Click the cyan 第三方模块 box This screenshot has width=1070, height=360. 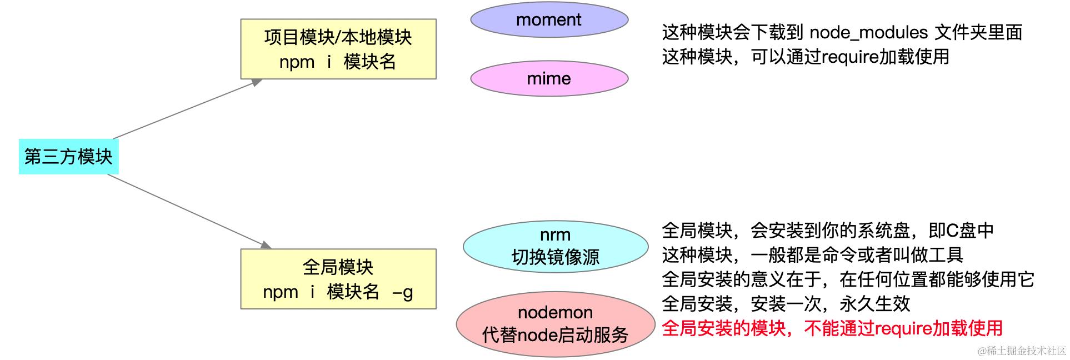[x=68, y=157]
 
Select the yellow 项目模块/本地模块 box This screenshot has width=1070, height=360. [x=338, y=49]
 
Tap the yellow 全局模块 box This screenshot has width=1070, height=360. [x=338, y=279]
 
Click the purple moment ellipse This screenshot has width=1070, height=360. [x=549, y=20]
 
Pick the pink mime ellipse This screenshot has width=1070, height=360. [x=549, y=79]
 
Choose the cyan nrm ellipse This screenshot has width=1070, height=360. [x=555, y=246]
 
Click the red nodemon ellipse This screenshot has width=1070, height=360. [x=555, y=324]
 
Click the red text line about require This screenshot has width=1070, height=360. [x=832, y=328]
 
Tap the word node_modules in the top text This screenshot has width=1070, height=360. [x=868, y=33]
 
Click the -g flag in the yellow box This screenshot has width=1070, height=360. [x=402, y=292]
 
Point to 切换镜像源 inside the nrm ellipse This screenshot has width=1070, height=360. [x=555, y=257]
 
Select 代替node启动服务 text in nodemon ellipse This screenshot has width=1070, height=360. [x=555, y=335]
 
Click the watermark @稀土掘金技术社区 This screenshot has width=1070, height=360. [x=1022, y=351]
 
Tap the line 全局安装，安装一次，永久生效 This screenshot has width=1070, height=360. [x=786, y=304]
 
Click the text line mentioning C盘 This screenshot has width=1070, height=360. [x=827, y=231]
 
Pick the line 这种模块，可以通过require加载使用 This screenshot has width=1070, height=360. [x=805, y=57]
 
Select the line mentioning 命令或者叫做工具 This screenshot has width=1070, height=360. [x=812, y=255]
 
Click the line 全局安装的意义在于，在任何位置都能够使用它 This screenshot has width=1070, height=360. [x=848, y=279]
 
